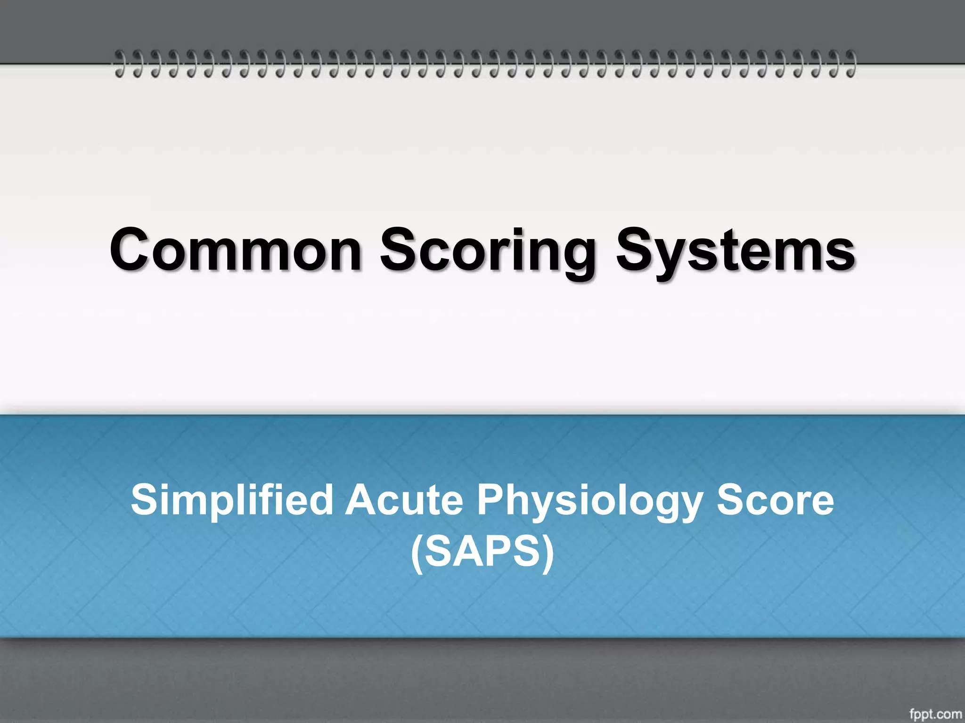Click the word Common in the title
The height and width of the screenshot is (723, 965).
236,250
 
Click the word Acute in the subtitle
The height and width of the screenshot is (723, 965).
404,500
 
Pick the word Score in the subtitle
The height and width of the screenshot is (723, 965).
775,500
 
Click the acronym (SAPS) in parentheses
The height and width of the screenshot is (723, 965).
482,552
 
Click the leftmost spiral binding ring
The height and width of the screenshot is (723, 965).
121,64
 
